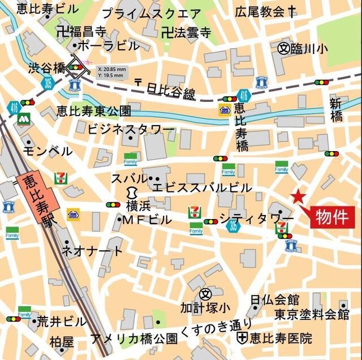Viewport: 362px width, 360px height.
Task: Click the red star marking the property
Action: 298,198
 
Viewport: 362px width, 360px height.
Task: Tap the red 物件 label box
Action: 332,216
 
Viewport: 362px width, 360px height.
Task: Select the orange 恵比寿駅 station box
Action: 36,199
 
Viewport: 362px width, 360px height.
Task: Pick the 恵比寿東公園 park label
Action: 94,110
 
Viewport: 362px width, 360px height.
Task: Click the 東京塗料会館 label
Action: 312,314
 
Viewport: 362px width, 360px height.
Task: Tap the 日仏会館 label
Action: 275,299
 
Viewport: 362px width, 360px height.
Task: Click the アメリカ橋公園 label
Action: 134,339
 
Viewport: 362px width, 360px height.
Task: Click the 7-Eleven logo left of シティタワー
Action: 195,212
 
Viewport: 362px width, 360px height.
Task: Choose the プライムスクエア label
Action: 151,13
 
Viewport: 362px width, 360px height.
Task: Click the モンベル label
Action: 48,151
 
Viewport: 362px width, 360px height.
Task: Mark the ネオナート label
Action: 91,251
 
